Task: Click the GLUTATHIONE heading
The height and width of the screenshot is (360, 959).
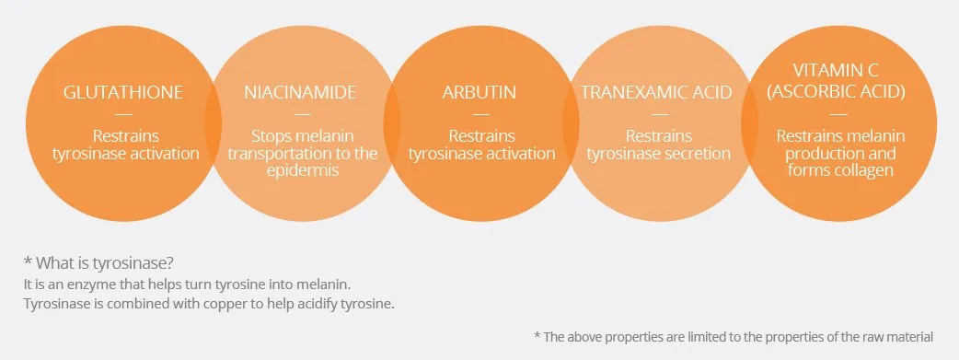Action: point(123,92)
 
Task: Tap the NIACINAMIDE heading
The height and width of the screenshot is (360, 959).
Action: point(300,92)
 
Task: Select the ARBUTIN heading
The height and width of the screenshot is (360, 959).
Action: point(479,92)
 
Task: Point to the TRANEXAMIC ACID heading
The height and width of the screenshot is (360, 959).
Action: point(656,92)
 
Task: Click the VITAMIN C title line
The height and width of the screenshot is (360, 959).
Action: point(836,70)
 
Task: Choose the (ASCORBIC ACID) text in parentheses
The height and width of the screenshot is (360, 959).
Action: point(836,92)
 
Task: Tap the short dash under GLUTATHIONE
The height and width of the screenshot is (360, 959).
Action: point(123,114)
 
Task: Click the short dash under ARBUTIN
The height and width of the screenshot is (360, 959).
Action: point(481,114)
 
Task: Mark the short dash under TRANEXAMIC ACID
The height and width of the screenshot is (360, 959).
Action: point(661,114)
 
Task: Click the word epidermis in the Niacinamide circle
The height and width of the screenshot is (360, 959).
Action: point(303,170)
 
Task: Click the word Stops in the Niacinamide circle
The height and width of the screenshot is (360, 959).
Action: point(271,136)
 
